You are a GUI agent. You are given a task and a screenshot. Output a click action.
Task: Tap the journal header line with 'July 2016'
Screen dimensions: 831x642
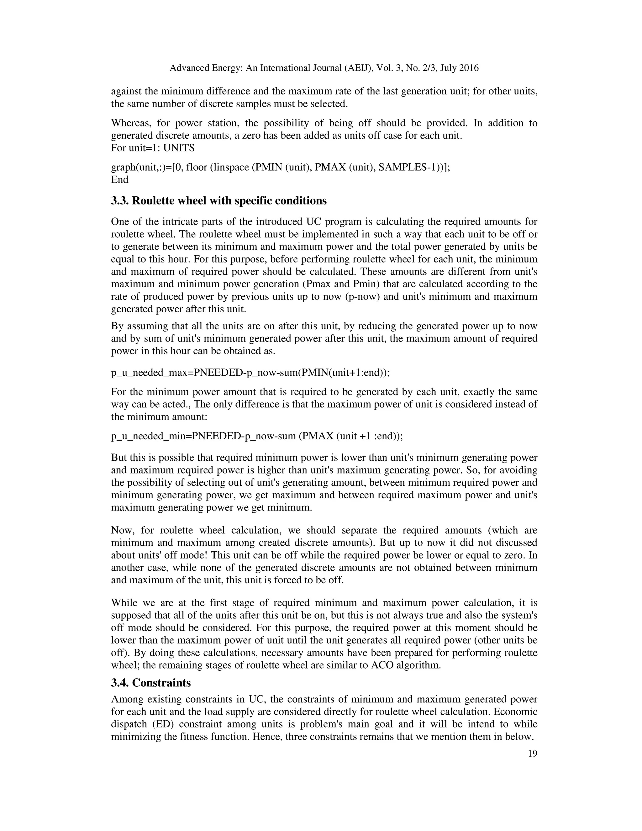[324, 68]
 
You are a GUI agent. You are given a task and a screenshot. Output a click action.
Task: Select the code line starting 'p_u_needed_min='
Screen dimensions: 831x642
[257, 436]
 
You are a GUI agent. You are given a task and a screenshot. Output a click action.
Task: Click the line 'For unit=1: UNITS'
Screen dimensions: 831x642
[153, 148]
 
